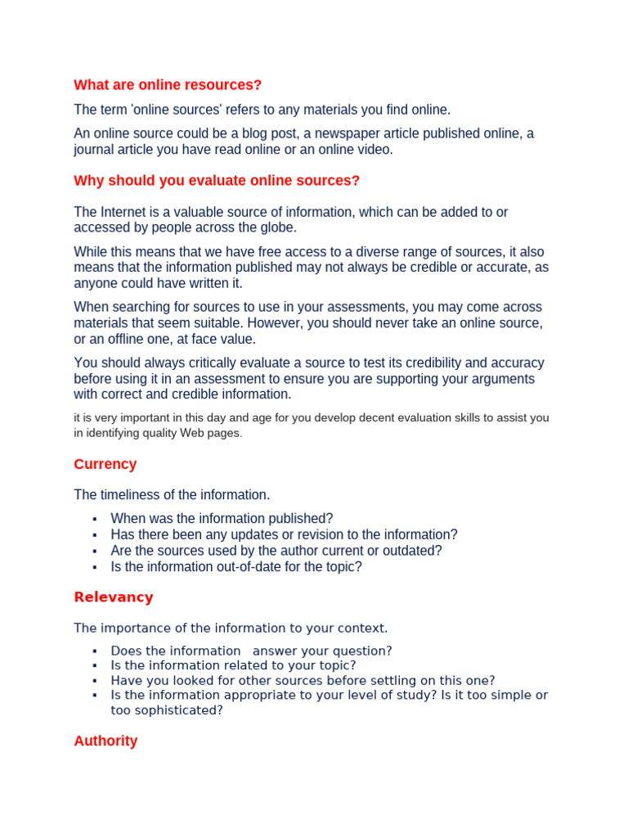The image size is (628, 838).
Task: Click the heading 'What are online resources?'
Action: [168, 85]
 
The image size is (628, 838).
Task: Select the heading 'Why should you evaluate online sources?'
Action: [217, 180]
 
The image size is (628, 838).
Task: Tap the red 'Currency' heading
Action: [105, 464]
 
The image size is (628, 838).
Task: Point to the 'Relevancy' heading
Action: [114, 597]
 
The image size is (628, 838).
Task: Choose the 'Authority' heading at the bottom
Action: [105, 741]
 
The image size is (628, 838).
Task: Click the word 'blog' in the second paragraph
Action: [285, 133]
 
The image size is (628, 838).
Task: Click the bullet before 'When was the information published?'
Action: [95, 519]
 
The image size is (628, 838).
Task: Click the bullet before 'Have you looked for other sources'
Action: [95, 681]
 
